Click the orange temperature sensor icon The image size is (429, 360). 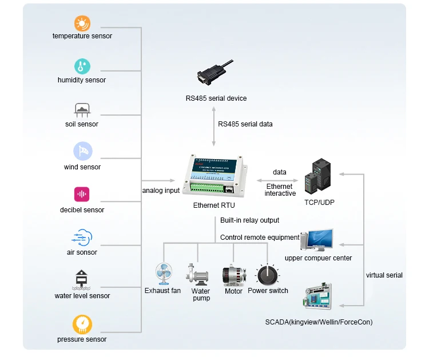click(82, 23)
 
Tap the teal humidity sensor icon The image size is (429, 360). click(82, 66)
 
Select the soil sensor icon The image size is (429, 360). click(82, 110)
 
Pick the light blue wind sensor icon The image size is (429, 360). click(82, 152)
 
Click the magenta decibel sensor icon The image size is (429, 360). click(82, 195)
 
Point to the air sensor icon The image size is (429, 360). click(82, 237)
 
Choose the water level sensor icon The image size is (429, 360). click(82, 280)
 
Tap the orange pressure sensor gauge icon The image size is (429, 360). click(82, 324)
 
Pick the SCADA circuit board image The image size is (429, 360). click(317, 298)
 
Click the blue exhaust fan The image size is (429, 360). click(163, 274)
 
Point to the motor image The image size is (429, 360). click(233, 275)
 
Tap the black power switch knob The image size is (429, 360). click(267, 275)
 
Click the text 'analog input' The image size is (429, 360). click(161, 191)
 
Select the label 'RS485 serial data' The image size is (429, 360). click(245, 124)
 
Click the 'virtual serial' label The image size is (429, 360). click(384, 275)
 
